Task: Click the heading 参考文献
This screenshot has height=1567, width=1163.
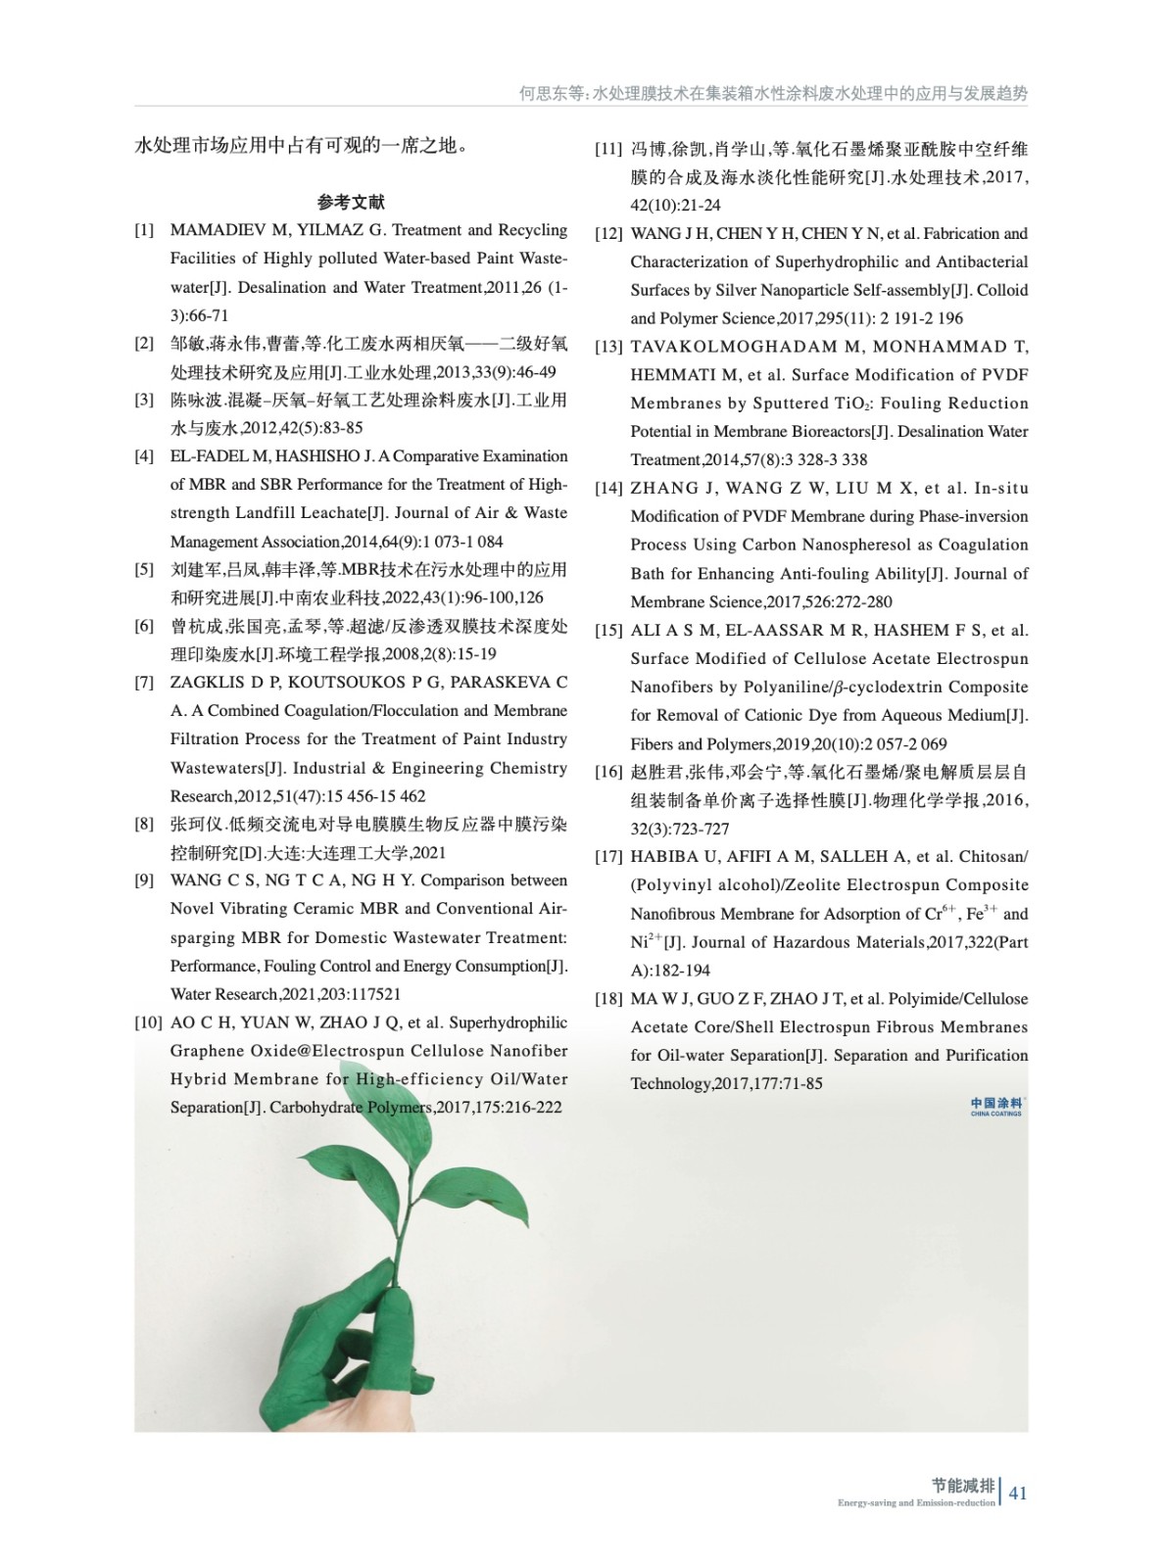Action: point(351,203)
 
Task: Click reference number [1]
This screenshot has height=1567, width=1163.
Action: point(145,230)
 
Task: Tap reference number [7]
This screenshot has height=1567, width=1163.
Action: point(145,683)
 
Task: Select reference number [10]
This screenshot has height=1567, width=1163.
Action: point(148,1022)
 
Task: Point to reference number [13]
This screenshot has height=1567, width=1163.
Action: point(608,347)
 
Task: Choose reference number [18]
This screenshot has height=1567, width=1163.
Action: point(608,999)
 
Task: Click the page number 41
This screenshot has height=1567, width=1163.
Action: point(1018,1493)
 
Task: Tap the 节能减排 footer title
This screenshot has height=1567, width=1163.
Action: point(963,1486)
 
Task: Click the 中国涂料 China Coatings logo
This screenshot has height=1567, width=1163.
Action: point(996,1106)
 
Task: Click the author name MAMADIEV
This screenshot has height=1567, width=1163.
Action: point(219,230)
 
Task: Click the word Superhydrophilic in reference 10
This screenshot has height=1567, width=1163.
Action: point(508,1022)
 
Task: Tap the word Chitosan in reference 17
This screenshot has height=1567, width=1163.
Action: point(993,857)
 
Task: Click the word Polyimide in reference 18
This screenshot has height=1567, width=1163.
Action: point(925,999)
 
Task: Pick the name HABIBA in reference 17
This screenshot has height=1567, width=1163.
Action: point(662,857)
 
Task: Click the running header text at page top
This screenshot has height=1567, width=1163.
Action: point(773,94)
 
